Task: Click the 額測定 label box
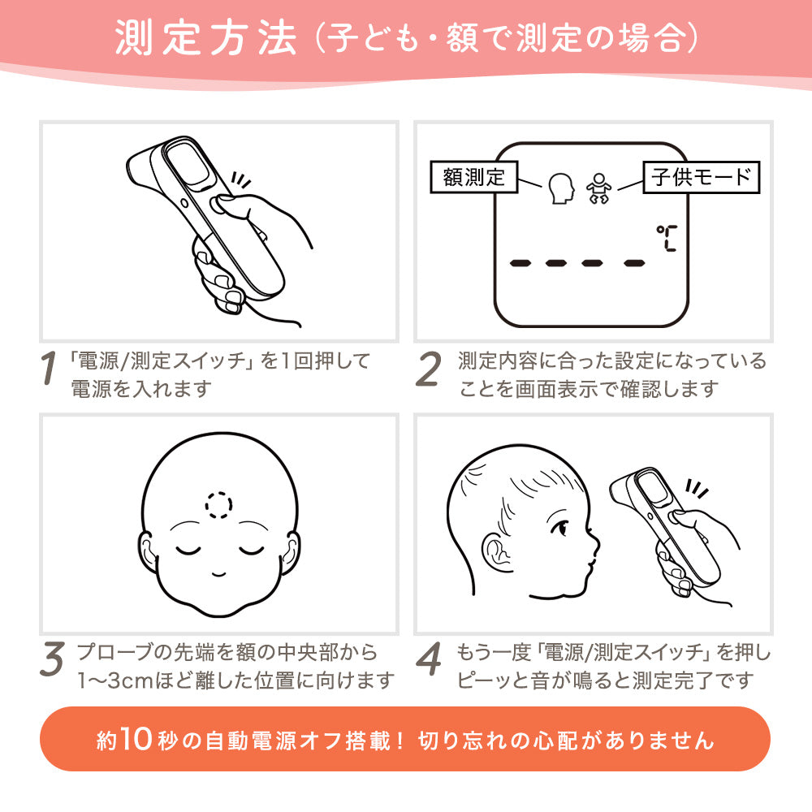[x=474, y=177]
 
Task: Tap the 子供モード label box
[x=702, y=177]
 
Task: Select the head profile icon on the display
[x=561, y=188]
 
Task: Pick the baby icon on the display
[x=598, y=188]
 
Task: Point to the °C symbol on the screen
[x=667, y=238]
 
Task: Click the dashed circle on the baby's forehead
[x=218, y=505]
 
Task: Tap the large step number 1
[x=49, y=368]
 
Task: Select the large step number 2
[x=429, y=368]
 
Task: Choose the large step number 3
[x=52, y=659]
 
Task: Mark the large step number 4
[x=429, y=659]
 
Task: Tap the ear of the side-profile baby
[x=497, y=552]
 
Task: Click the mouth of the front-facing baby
[x=218, y=573]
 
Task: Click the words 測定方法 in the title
[x=205, y=37]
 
